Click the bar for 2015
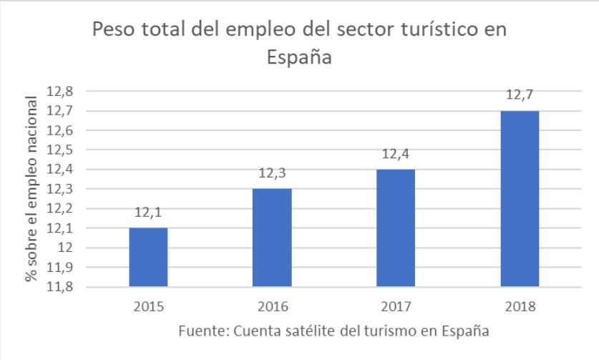pyautogui.click(x=148, y=257)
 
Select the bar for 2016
pyautogui.click(x=272, y=238)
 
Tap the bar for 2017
pyautogui.click(x=396, y=228)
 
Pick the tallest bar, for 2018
pyautogui.click(x=520, y=198)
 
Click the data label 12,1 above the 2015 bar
pyautogui.click(x=148, y=213)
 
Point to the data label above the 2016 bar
pyautogui.click(x=272, y=173)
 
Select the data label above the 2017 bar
pyautogui.click(x=396, y=154)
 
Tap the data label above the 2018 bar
pyautogui.click(x=520, y=95)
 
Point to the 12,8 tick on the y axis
pyautogui.click(x=60, y=92)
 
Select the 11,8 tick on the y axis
pyautogui.click(x=60, y=287)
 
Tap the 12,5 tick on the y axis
pyautogui.click(x=60, y=150)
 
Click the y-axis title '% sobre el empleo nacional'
pyautogui.click(x=31, y=189)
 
